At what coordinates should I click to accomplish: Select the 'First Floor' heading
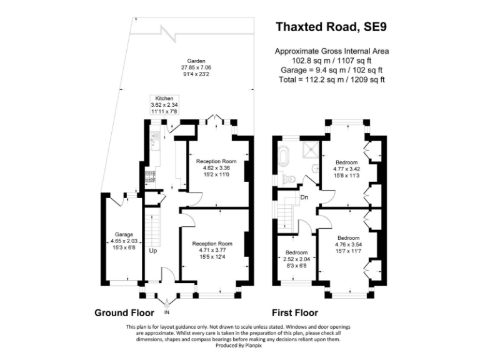[x=294, y=312]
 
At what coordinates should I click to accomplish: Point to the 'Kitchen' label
[x=164, y=99]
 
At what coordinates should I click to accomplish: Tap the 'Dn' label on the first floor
[x=304, y=197]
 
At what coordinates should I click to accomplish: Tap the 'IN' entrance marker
[x=166, y=311]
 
